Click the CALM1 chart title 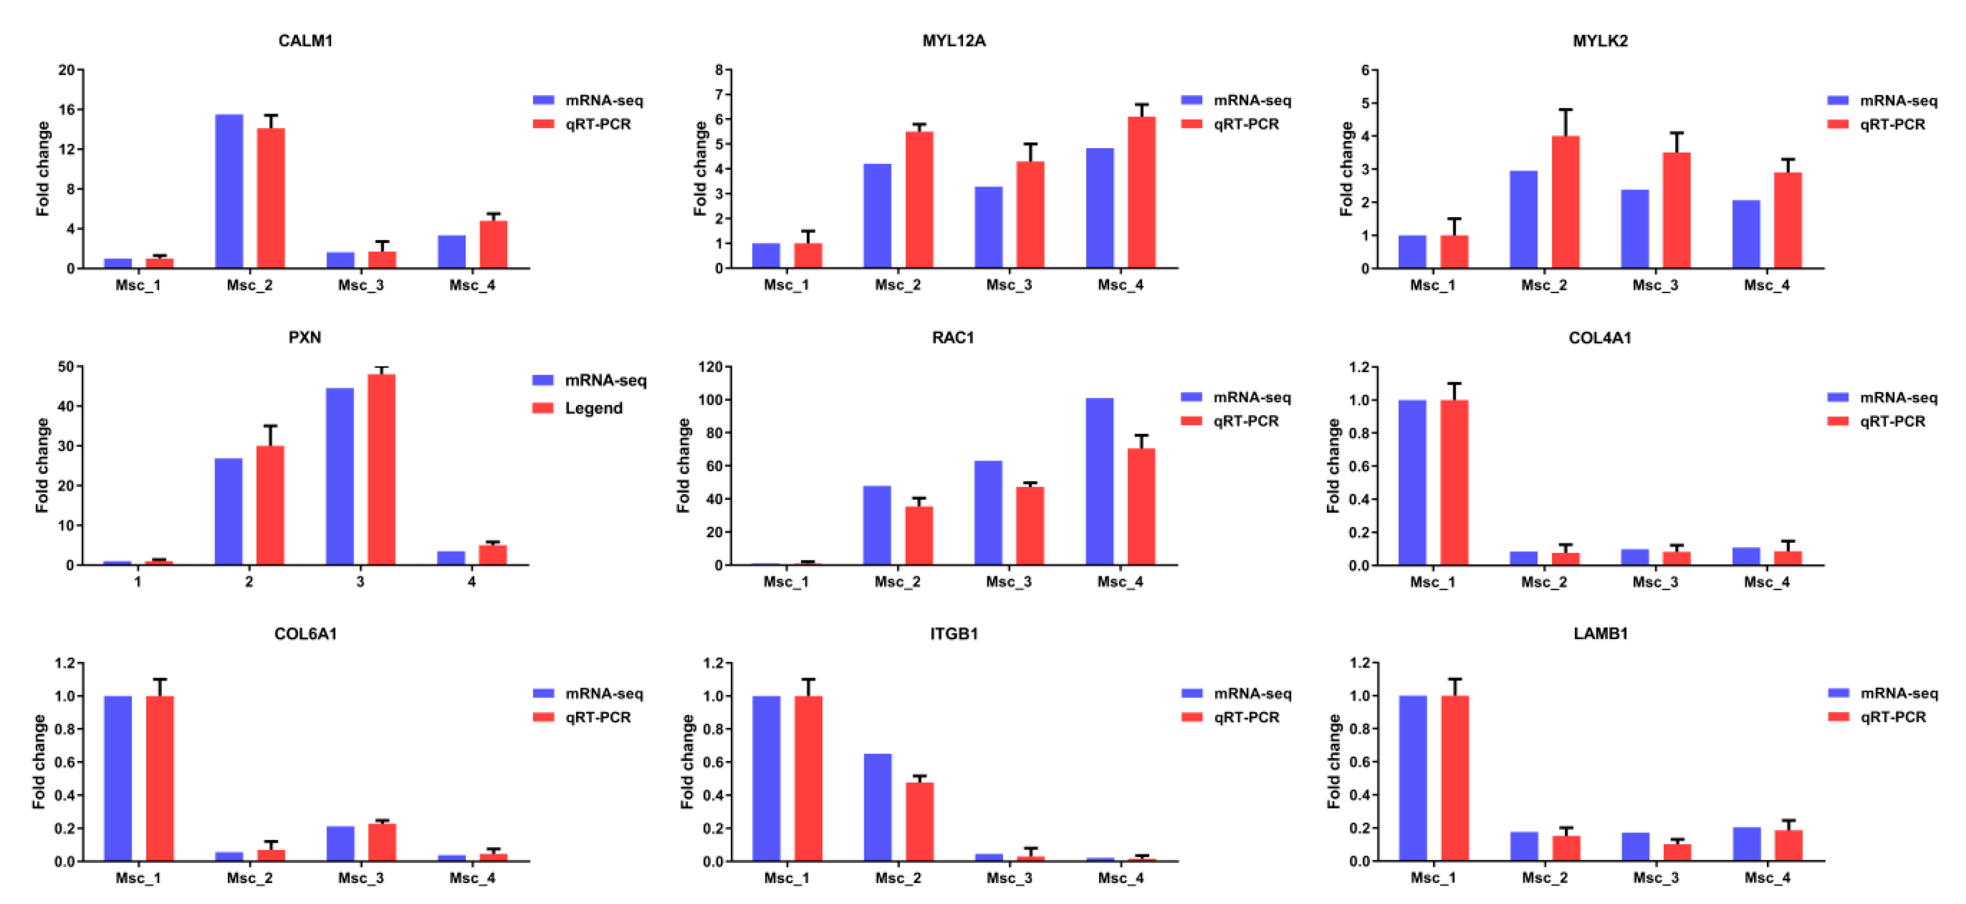305,40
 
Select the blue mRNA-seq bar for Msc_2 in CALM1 229,191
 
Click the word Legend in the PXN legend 593,408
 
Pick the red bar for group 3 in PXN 382,469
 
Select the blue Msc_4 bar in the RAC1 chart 1099,480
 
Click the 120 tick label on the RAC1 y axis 710,367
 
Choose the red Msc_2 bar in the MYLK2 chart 1565,202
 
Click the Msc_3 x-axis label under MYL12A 1008,285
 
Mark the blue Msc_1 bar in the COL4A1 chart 1412,482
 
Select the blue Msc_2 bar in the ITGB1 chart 878,807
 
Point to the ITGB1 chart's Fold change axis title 687,762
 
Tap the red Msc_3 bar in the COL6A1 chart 382,842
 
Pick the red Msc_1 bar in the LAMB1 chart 1455,778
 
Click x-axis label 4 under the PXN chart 471,581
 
